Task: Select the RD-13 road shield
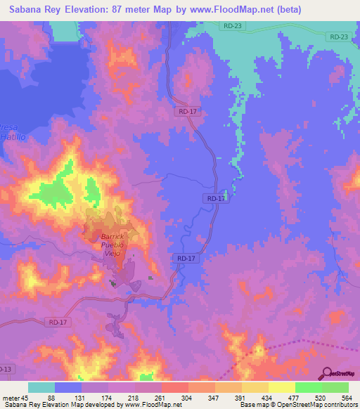[6, 369]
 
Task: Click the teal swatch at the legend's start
[41, 387]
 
